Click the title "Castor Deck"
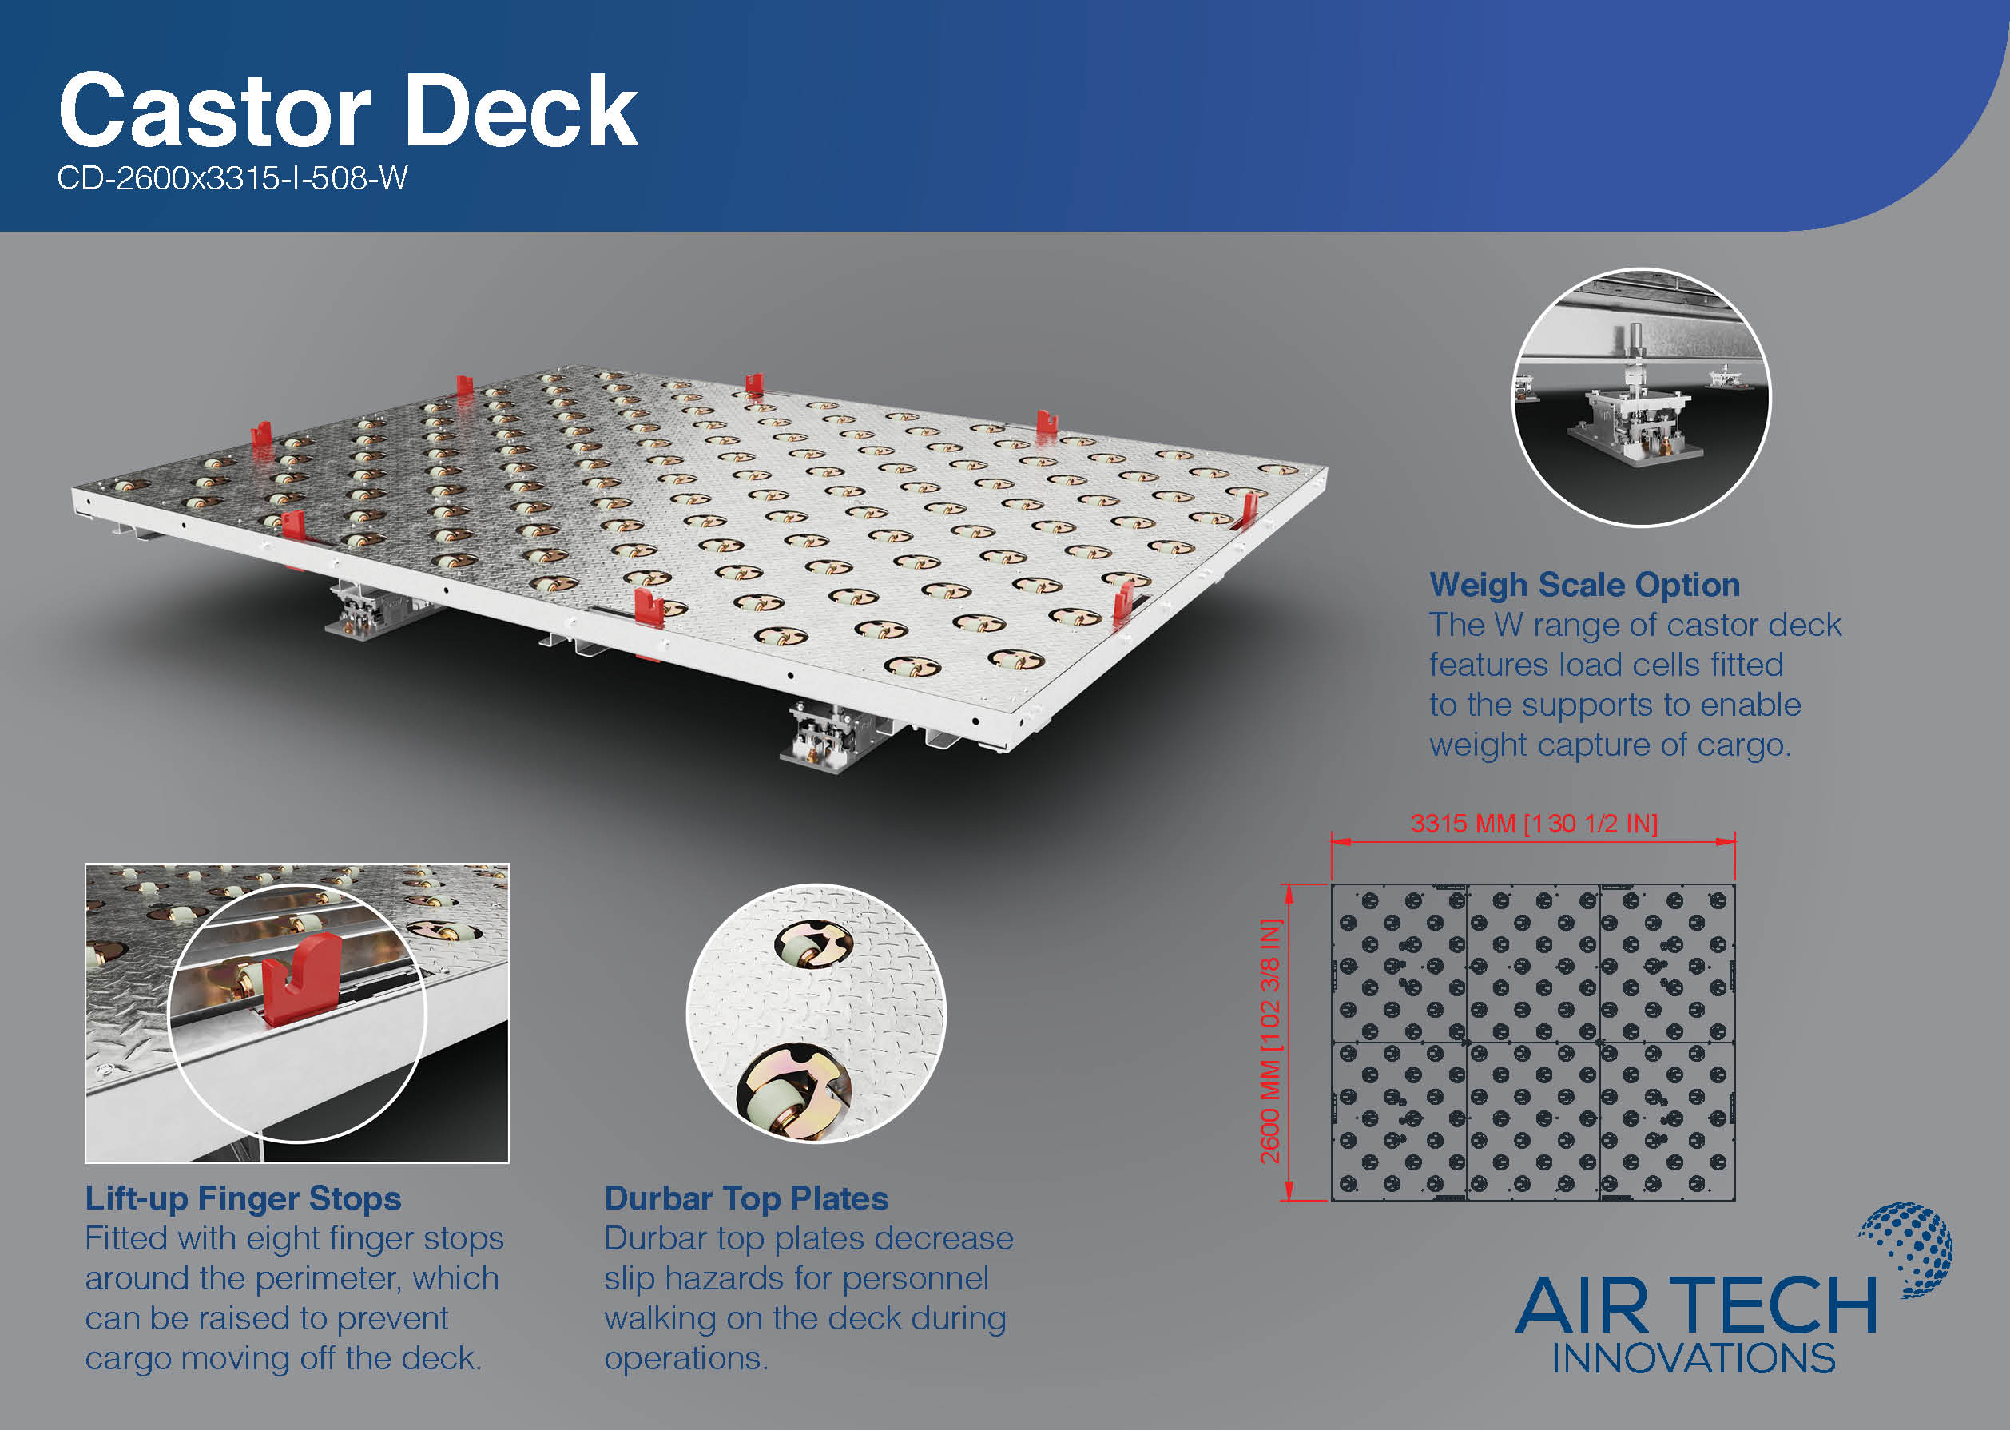pos(348,111)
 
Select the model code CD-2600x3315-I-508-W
pos(232,179)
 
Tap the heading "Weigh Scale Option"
pos(1585,586)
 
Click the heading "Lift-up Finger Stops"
pos(243,1199)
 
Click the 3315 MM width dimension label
pos(1534,824)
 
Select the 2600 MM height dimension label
pos(1269,1041)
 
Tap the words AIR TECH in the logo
pos(1696,1307)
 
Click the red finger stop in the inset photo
pos(301,981)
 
